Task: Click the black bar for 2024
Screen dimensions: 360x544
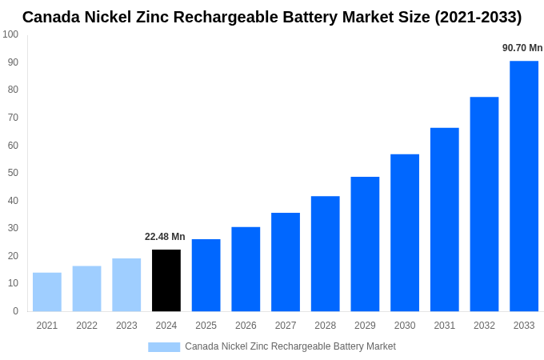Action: point(166,281)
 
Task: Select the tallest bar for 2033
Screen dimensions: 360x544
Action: point(524,186)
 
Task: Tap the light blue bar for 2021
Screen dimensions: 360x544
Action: point(47,292)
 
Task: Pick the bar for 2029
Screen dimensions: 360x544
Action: point(365,244)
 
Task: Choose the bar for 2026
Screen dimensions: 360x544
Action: point(246,270)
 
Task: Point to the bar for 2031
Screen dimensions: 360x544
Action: point(445,219)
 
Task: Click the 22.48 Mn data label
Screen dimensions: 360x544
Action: point(165,237)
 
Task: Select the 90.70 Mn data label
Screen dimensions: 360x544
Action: point(522,48)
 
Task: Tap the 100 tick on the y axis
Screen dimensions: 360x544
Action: point(10,34)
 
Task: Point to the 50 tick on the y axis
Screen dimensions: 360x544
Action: point(13,173)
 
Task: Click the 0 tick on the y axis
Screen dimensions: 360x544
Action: point(15,311)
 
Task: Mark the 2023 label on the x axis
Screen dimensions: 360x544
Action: point(126,326)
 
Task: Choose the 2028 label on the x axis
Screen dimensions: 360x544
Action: point(325,326)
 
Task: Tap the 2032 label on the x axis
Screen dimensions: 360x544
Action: point(484,326)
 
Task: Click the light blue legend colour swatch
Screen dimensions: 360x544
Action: point(164,346)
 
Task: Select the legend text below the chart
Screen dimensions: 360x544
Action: point(290,346)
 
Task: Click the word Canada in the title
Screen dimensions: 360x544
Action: point(50,17)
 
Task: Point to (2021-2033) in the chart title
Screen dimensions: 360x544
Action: point(478,17)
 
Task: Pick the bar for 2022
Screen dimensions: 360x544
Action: point(87,289)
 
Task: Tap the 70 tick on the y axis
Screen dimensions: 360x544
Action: point(13,118)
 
